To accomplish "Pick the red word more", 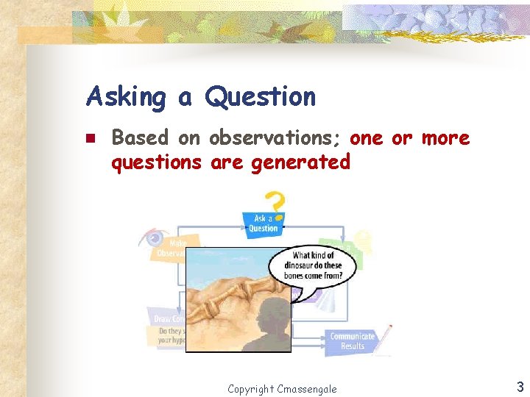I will coord(445,138).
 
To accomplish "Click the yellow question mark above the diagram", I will coord(274,201).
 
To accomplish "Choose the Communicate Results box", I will coord(352,341).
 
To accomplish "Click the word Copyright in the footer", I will coord(250,388).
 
